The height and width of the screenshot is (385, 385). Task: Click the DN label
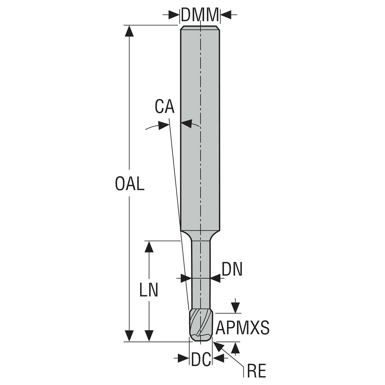pyautogui.click(x=232, y=269)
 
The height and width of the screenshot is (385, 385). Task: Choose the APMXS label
pyautogui.click(x=242, y=328)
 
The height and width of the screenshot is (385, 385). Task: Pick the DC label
pyautogui.click(x=201, y=359)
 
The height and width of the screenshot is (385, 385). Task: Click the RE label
pyautogui.click(x=256, y=371)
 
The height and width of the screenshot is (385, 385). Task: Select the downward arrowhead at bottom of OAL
pyautogui.click(x=130, y=336)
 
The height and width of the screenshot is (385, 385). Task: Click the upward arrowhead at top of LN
pyautogui.click(x=149, y=246)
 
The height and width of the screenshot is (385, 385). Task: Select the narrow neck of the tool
pyautogui.click(x=201, y=271)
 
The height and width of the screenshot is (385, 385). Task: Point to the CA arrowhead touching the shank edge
pyautogui.click(x=186, y=123)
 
